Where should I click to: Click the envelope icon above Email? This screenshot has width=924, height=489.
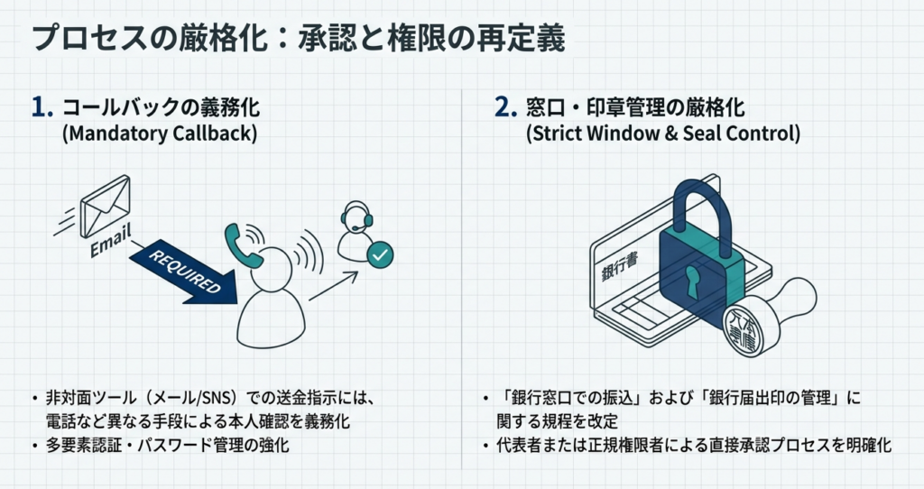tap(106, 207)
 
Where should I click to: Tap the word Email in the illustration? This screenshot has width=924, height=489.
tap(110, 243)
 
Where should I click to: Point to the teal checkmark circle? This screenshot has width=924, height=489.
tap(381, 255)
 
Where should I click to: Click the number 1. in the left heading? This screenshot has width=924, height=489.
tap(42, 108)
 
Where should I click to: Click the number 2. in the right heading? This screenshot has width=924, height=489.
tap(506, 108)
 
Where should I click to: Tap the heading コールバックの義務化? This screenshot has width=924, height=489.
tap(161, 108)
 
